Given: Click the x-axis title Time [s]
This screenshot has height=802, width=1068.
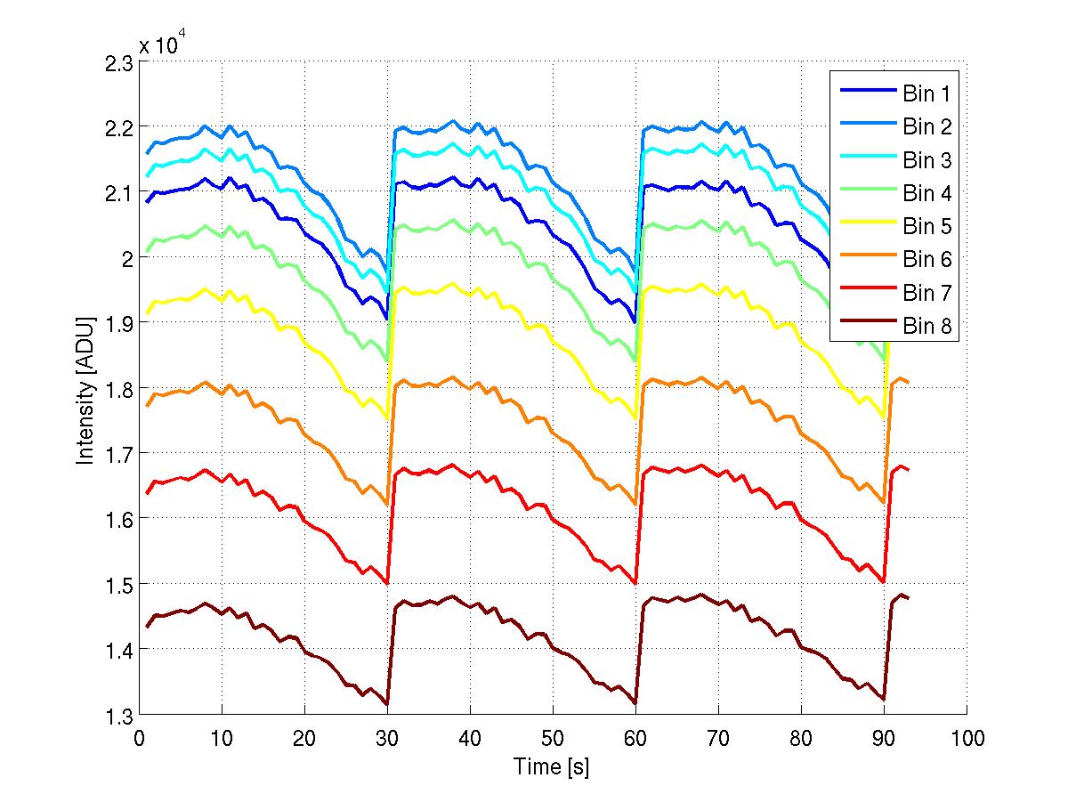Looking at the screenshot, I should point(552,766).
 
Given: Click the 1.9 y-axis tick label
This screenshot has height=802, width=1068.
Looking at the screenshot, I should point(117,324).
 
